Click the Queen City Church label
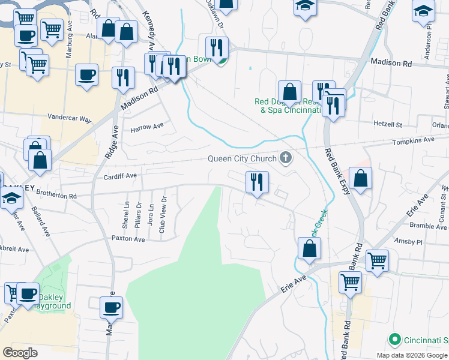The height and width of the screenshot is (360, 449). point(242,159)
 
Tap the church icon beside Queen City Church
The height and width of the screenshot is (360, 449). point(286,158)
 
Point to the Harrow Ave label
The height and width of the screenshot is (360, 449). point(147,127)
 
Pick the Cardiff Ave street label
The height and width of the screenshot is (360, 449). point(120,176)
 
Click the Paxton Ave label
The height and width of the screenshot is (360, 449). point(128,239)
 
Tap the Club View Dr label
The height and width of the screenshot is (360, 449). point(161,217)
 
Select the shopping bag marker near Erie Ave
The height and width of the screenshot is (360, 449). point(309,249)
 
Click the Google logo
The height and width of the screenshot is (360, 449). point(20,353)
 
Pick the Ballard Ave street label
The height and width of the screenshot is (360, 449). point(40,220)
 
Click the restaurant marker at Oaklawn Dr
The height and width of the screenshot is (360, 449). point(217,47)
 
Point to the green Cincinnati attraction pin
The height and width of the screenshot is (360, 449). point(394,340)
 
